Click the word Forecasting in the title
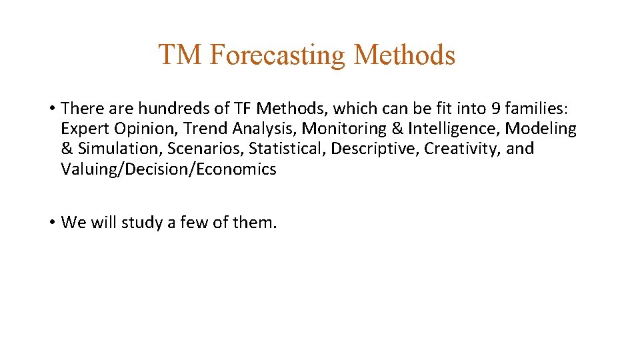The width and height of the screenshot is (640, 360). coord(278,55)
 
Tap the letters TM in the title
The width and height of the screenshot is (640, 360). coord(180,55)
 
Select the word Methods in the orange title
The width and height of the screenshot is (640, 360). coord(405,55)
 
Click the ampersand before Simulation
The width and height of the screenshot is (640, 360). coord(67,149)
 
